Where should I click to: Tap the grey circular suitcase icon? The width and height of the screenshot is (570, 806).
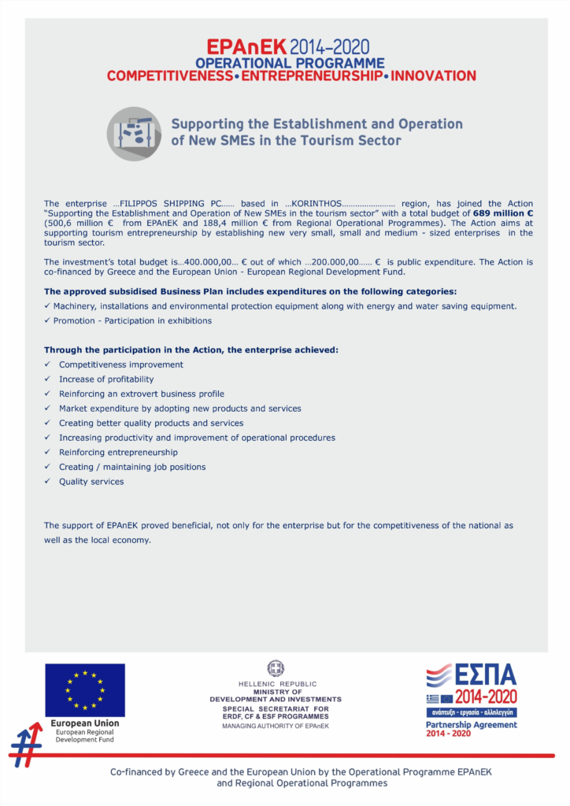tap(134, 134)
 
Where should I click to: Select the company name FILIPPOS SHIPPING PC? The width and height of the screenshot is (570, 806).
tap(168, 203)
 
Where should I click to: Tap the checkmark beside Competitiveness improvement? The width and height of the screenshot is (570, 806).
tap(47, 364)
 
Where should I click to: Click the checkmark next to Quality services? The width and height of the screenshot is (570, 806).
tap(47, 481)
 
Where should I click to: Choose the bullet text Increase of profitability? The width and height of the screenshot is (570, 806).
tap(106, 379)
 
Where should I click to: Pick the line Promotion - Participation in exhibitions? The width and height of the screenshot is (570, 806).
tap(132, 321)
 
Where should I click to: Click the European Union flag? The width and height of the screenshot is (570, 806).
tap(84, 690)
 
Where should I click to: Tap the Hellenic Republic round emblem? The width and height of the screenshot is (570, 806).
tap(276, 668)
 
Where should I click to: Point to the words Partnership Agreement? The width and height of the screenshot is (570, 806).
tap(471, 725)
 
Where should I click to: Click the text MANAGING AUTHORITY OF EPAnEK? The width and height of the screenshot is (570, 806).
tap(276, 725)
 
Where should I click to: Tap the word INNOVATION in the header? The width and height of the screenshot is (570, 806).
tap(433, 76)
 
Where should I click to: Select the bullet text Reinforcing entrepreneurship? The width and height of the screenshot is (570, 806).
tap(118, 452)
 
